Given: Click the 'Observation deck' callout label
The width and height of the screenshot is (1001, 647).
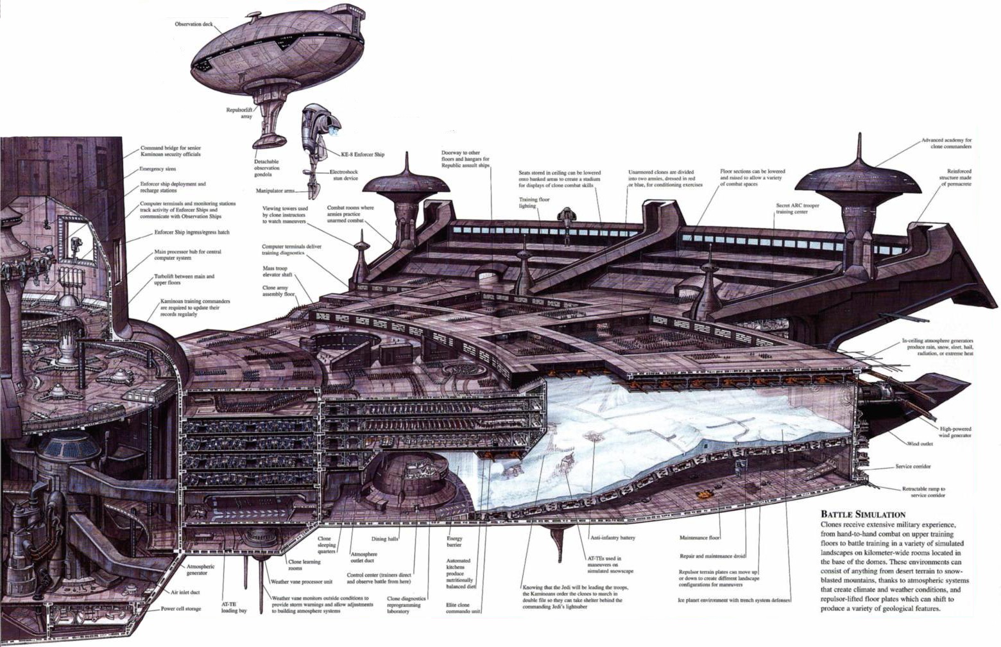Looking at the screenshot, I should [194, 24].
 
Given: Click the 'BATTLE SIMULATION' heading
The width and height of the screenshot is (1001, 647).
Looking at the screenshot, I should [863, 514].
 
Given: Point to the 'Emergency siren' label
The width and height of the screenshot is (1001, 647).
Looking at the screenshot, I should [158, 169].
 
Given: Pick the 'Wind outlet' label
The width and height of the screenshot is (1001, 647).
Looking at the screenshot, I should [920, 444].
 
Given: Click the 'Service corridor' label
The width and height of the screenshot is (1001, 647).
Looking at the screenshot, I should [913, 467].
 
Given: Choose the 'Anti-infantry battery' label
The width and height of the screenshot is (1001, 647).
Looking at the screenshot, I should [613, 538].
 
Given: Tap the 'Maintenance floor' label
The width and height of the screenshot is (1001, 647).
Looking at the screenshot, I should [699, 538].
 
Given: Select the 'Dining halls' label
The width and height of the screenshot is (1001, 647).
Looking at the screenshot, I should [385, 539].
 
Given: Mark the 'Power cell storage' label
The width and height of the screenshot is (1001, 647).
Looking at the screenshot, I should [180, 608].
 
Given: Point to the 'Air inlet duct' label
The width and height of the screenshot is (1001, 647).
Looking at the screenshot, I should [185, 592].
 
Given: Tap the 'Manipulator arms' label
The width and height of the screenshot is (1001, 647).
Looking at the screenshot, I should [275, 191].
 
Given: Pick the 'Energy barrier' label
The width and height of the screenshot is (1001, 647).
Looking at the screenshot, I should [454, 542].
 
